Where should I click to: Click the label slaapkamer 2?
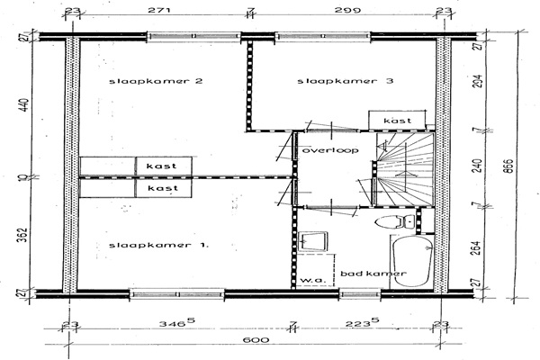[x=155, y=82]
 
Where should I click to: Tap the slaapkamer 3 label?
[x=346, y=82]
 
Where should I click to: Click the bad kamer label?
[x=370, y=274]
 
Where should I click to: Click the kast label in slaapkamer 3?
[x=397, y=121]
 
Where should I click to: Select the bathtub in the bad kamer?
[x=411, y=261]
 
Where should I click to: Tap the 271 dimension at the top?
[x=158, y=12]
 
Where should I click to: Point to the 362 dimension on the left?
[x=24, y=236]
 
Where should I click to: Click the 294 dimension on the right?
[x=478, y=82]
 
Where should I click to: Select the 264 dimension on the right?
[x=478, y=247]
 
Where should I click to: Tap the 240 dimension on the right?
[x=478, y=166]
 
